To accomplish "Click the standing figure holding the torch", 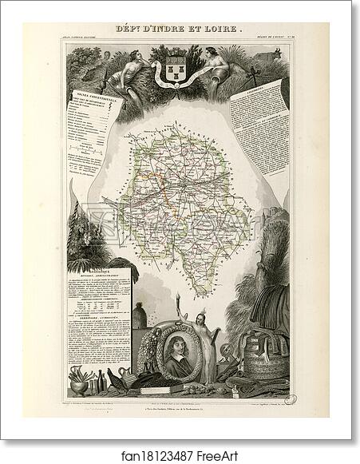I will pos(212,351).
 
